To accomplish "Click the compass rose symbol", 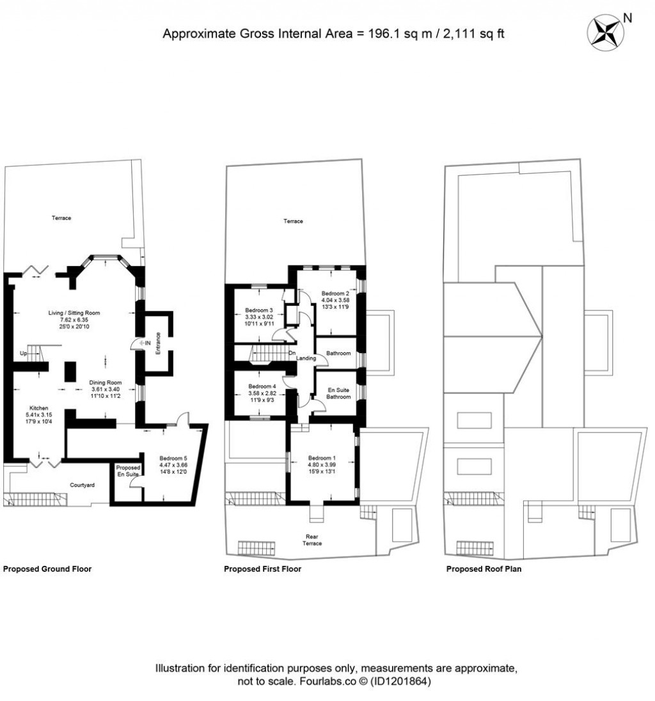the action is (605, 33).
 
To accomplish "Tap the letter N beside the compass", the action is (627, 18).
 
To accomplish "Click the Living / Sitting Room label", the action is (74, 313).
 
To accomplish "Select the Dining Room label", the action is (106, 382).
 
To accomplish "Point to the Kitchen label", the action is (39, 408).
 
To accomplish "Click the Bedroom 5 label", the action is (173, 458).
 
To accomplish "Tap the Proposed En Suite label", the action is (128, 471).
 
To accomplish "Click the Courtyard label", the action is (83, 485).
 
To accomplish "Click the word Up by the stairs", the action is (23, 354).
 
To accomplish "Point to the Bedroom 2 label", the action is (335, 294).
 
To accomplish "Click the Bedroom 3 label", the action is (259, 310).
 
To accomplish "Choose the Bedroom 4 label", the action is (262, 386).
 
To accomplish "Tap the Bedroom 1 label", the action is (322, 458).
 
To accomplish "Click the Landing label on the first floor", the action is (306, 359).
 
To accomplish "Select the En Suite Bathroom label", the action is (338, 393).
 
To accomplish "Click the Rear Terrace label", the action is (312, 540).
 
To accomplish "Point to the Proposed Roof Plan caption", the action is (484, 569).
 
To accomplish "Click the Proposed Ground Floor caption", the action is (47, 569).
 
